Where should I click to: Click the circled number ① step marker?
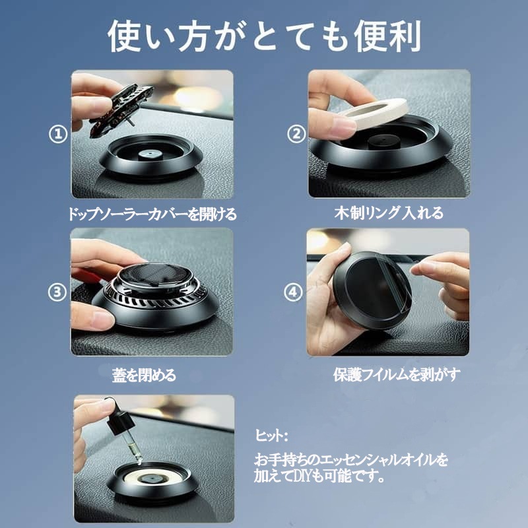(x=58, y=134)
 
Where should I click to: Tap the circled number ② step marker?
(x=296, y=134)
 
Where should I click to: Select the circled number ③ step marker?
(x=57, y=292)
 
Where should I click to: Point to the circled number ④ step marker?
(x=293, y=292)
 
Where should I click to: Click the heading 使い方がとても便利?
(x=265, y=36)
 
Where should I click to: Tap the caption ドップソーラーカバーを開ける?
(x=152, y=213)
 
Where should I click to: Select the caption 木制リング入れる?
(x=389, y=213)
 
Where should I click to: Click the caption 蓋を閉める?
(x=144, y=375)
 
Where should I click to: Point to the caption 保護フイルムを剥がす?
(x=397, y=374)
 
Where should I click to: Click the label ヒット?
(x=271, y=436)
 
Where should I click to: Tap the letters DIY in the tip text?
(x=304, y=476)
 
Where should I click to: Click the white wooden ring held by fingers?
(x=377, y=113)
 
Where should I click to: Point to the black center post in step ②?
(x=383, y=142)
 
